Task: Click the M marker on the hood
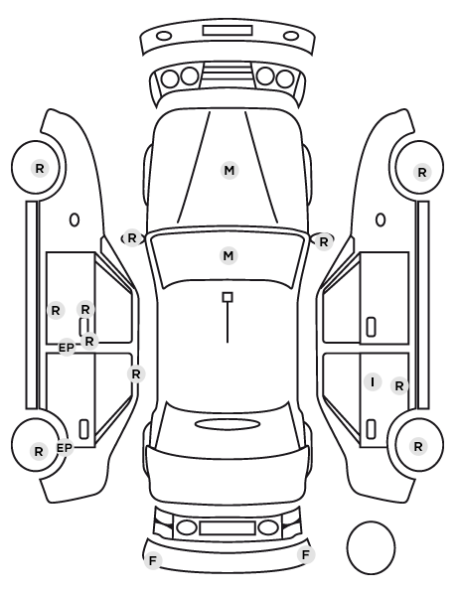pyautogui.click(x=229, y=171)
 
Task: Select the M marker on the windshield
pyautogui.click(x=229, y=256)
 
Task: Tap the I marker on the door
pyautogui.click(x=373, y=381)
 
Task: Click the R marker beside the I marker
pyautogui.click(x=399, y=386)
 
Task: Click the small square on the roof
pyautogui.click(x=228, y=297)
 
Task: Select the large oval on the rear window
pyautogui.click(x=228, y=424)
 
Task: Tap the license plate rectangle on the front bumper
pyautogui.click(x=228, y=31)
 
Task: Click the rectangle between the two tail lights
pyautogui.click(x=228, y=527)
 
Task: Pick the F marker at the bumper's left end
pyautogui.click(x=153, y=560)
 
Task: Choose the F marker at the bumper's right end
pyautogui.click(x=305, y=555)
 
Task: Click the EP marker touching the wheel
pyautogui.click(x=65, y=449)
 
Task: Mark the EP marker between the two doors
pyautogui.click(x=67, y=348)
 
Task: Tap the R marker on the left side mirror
pyautogui.click(x=131, y=238)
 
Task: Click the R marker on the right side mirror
pyautogui.click(x=323, y=241)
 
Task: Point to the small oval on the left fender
pyautogui.click(x=75, y=220)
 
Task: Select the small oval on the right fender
pyautogui.click(x=381, y=220)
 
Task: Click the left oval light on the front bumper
pyautogui.click(x=164, y=36)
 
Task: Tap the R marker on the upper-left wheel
pyautogui.click(x=40, y=168)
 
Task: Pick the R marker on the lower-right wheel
pyautogui.click(x=418, y=447)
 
